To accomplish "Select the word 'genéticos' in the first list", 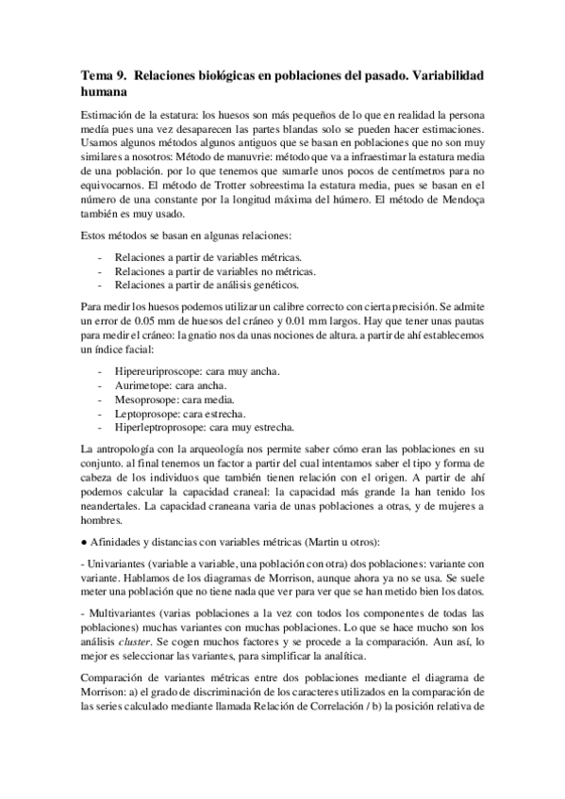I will click(274, 284).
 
